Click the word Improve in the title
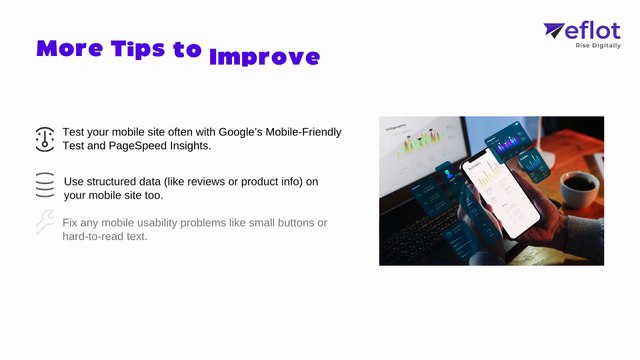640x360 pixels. [x=264, y=56]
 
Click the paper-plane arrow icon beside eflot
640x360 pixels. [x=554, y=31]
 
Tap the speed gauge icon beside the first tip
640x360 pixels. [x=44, y=138]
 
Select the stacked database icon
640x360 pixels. [x=44, y=186]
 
